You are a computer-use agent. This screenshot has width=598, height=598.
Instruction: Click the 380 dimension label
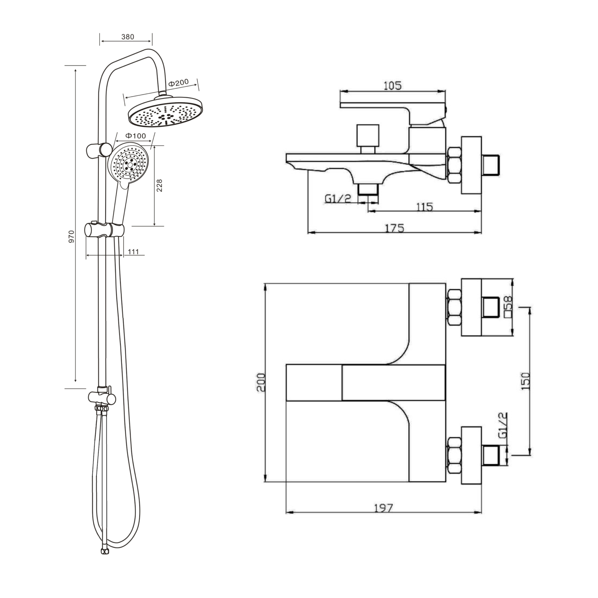pyautogui.click(x=128, y=37)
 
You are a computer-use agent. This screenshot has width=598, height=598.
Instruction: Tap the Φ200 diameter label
pyautogui.click(x=179, y=83)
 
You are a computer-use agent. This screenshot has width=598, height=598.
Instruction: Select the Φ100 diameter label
pyautogui.click(x=135, y=136)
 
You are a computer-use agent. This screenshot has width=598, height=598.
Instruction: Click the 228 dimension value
pyautogui.click(x=159, y=185)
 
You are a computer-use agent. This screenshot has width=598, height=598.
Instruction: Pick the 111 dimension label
pyautogui.click(x=133, y=252)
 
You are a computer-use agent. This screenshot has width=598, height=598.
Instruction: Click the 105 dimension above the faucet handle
pyautogui.click(x=392, y=86)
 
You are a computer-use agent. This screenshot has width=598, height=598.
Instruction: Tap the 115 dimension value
pyautogui.click(x=424, y=207)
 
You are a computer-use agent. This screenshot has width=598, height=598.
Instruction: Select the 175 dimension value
pyautogui.click(x=394, y=228)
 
